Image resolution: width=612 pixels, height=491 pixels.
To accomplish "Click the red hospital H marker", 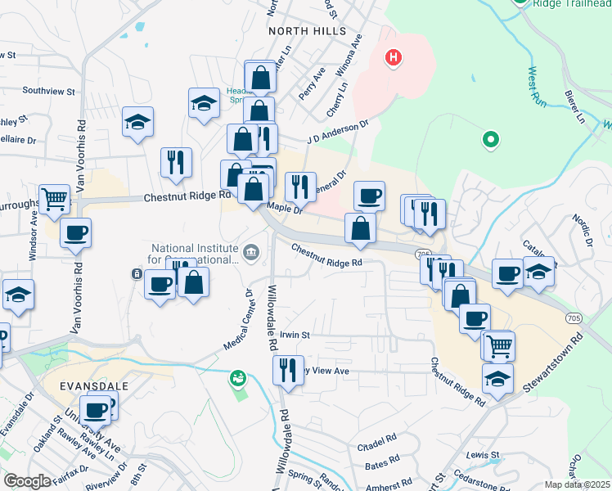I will pos(394,57).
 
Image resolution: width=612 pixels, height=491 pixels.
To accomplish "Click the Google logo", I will pos(27,481).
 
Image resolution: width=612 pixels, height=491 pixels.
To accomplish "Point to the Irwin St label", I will pos(295,335).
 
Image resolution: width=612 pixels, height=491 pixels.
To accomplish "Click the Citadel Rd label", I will pos(377,447).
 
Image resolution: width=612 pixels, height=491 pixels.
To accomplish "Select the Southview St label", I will pos(48,91).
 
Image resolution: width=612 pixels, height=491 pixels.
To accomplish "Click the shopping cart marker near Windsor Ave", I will pos(54,197).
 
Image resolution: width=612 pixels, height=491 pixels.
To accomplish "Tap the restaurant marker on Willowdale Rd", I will pos(288,369).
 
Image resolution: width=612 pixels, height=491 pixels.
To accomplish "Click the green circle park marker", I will pos(491,139).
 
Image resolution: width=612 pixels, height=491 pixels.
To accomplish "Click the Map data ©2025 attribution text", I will pos(578,484).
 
